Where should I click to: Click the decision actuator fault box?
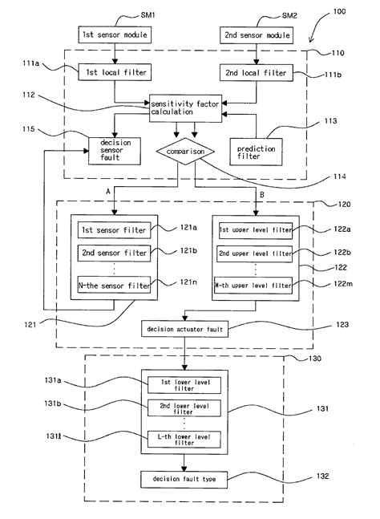tap(184, 329)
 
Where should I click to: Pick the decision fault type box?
tap(184, 479)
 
